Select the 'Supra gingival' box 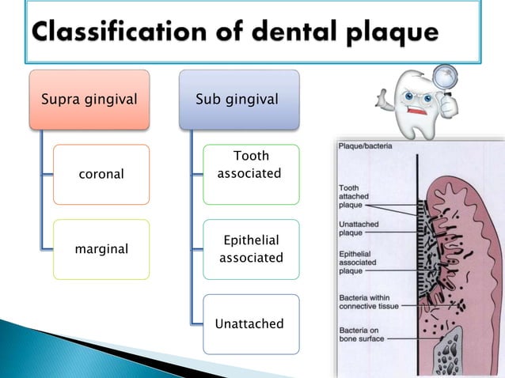[x=89, y=100]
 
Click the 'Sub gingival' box [x=238, y=100]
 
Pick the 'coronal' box [x=101, y=174]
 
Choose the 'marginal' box [x=101, y=249]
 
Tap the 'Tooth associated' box [x=249, y=165]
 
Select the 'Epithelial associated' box [x=250, y=248]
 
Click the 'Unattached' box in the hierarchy [x=250, y=324]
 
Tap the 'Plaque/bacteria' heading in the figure [x=365, y=146]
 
